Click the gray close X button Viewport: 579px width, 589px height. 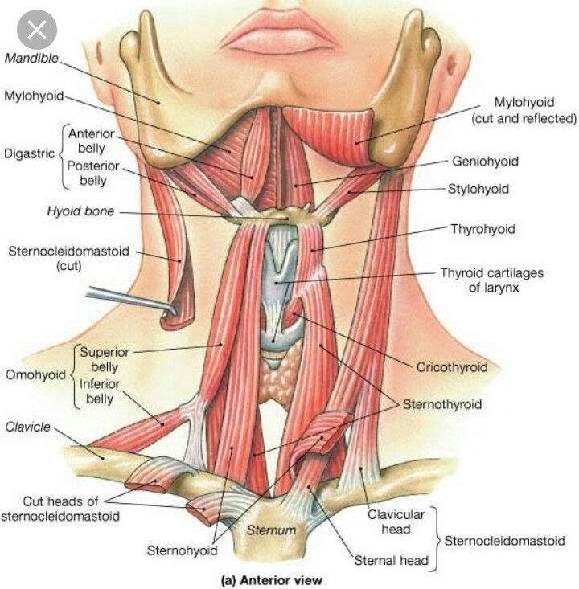pos(37,30)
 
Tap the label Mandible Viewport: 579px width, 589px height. pos(31,58)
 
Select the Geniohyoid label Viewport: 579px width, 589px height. pos(485,162)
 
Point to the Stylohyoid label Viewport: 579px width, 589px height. pos(478,189)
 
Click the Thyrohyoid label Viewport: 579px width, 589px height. pos(482,229)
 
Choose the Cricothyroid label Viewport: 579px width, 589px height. pos(452,366)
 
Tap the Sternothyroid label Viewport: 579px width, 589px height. pos(442,404)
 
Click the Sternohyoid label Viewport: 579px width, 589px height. pos(182,550)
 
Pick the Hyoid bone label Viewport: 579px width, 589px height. pos(80,211)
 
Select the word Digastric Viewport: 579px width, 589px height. pos(29,153)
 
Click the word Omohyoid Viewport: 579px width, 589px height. pos(35,375)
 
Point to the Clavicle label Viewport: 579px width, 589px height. pos(27,427)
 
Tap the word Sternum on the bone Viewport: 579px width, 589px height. pos(271,530)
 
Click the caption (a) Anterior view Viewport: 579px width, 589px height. pos(271,579)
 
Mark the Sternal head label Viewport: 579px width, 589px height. pos(392,560)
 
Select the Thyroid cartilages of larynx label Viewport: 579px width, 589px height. pos(492,280)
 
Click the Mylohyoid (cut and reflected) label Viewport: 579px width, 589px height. pos(524,110)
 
